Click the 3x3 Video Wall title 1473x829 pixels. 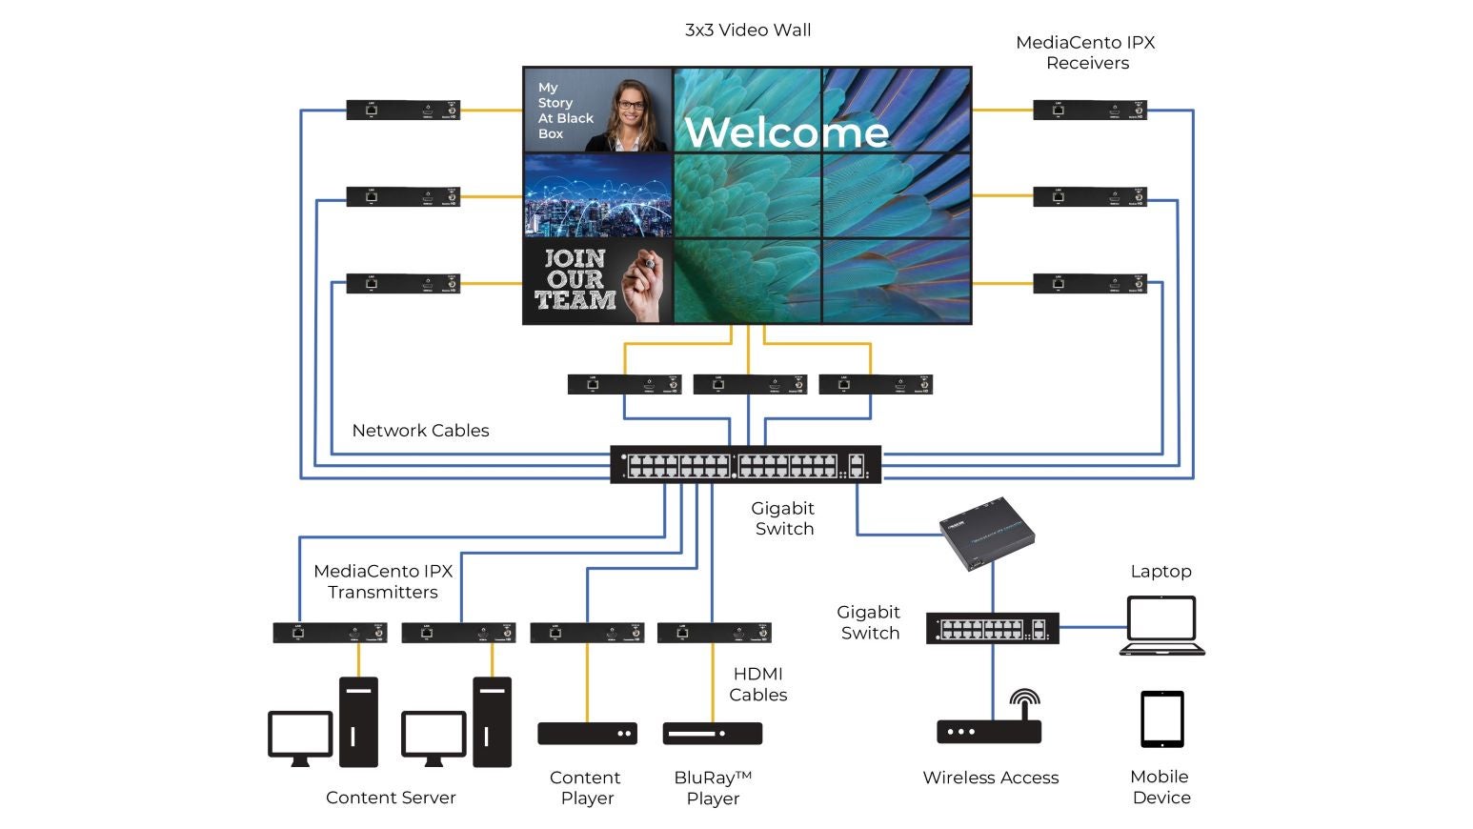coord(748,30)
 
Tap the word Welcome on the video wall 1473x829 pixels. coord(786,131)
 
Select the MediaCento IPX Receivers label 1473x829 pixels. coord(1086,52)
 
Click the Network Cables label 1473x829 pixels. coord(420,431)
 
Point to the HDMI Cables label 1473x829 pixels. coord(758,684)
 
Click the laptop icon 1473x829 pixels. coord(1161,626)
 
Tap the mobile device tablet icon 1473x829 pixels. coord(1162,718)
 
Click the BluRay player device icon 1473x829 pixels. coord(713,734)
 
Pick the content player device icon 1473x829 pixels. coord(587,734)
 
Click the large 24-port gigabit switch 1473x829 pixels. coord(745,465)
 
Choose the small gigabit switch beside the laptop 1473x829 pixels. coord(992,629)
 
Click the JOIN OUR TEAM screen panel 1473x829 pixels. coord(598,280)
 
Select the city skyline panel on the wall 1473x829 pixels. coord(598,196)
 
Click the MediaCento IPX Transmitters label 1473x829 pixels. coord(383,581)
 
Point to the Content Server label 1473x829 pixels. coord(391,798)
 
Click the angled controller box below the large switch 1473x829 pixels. coord(986,533)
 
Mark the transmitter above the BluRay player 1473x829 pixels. coord(714,633)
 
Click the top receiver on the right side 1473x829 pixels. coord(1090,111)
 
